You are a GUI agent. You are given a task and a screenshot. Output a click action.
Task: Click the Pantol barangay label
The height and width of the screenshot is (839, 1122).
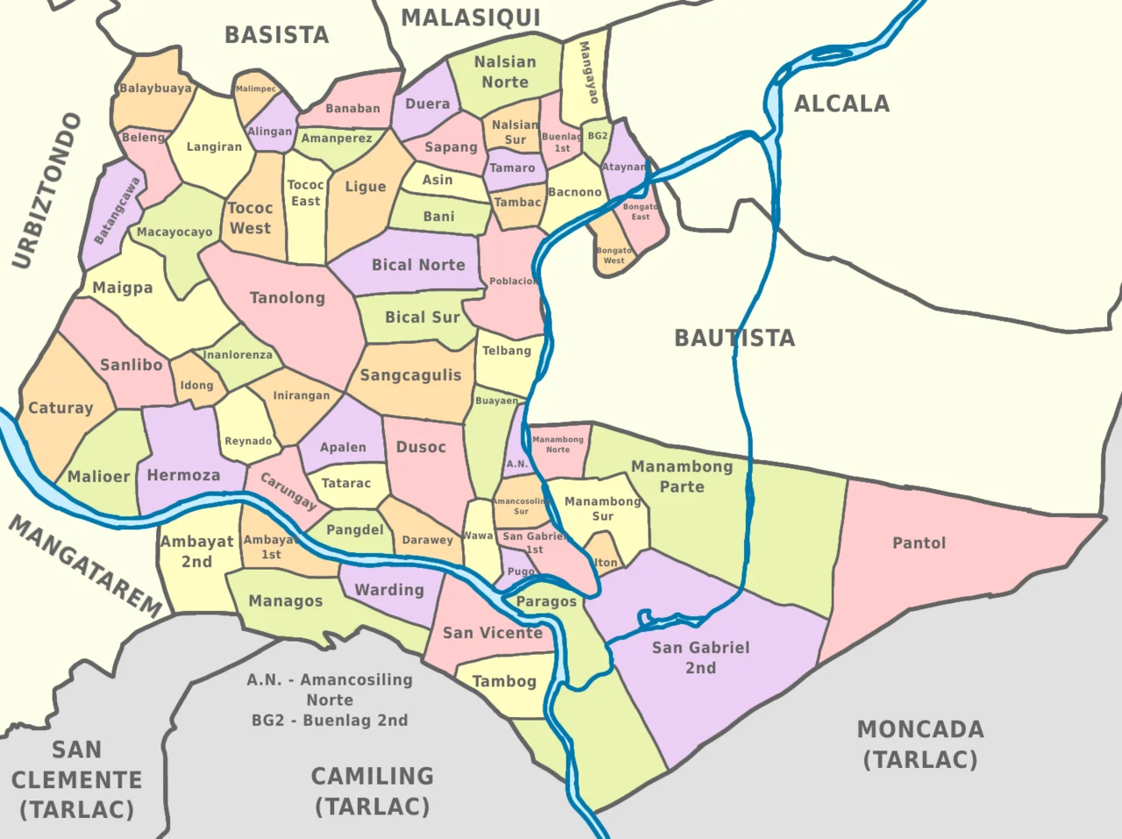pos(919,544)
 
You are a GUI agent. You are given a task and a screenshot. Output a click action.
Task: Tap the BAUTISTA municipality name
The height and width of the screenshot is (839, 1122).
pos(735,338)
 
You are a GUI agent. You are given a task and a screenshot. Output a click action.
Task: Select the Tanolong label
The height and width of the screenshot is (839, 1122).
pos(288,298)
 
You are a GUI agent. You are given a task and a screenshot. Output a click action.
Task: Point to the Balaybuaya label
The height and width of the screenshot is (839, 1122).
pos(155,89)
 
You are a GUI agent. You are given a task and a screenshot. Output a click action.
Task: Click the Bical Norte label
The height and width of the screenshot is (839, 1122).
pos(418,265)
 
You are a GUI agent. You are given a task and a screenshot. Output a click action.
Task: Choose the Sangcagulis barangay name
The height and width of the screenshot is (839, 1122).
pos(410,375)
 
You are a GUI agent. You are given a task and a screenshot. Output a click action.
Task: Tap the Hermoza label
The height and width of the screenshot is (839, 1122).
pos(183,475)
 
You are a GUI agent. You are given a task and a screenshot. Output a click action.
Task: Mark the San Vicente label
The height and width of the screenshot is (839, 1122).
pos(493,633)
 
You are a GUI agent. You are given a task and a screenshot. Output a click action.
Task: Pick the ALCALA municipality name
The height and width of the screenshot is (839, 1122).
pos(841,104)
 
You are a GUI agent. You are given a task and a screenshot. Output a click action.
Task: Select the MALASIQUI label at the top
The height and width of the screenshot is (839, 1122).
pos(471,18)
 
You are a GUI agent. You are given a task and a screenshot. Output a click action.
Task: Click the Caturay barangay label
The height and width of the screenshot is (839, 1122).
pos(60,408)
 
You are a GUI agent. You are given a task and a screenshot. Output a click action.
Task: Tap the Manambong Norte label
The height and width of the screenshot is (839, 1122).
pos(557,444)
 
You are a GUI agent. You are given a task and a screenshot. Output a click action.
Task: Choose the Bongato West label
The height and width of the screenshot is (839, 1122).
pos(614,255)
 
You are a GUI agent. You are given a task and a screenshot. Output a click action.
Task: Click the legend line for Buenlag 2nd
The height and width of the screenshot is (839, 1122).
pos(330,721)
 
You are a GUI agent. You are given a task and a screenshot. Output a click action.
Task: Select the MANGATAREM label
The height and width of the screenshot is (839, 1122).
pos(86,566)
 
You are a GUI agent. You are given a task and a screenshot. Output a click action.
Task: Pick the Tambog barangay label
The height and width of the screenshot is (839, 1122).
pos(504,681)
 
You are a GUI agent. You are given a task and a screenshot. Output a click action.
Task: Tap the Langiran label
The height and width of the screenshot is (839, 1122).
pos(214,146)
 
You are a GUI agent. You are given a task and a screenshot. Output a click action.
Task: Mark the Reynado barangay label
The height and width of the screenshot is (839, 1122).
pos(248,441)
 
